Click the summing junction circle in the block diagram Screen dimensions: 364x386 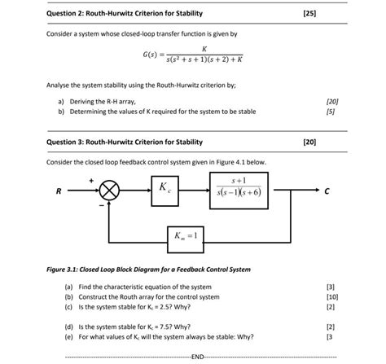coord(110,191)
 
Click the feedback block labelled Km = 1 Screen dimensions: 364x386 coord(188,239)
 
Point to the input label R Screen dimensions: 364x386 coord(57,192)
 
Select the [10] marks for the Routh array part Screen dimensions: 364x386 coord(330,297)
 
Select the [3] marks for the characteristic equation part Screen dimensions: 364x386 coord(330,287)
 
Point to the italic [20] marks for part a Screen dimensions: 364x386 coord(331,101)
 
